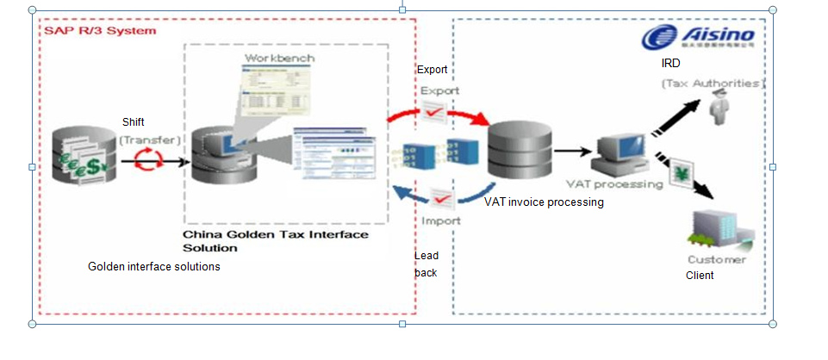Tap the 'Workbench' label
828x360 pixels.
280,58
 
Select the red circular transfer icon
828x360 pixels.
151,158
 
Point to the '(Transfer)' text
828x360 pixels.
150,139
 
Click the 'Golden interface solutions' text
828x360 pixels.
154,267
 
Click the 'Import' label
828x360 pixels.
441,220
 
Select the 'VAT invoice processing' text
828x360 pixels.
544,203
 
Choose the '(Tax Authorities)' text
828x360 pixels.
713,84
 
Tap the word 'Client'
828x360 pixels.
700,276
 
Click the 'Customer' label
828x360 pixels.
717,259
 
